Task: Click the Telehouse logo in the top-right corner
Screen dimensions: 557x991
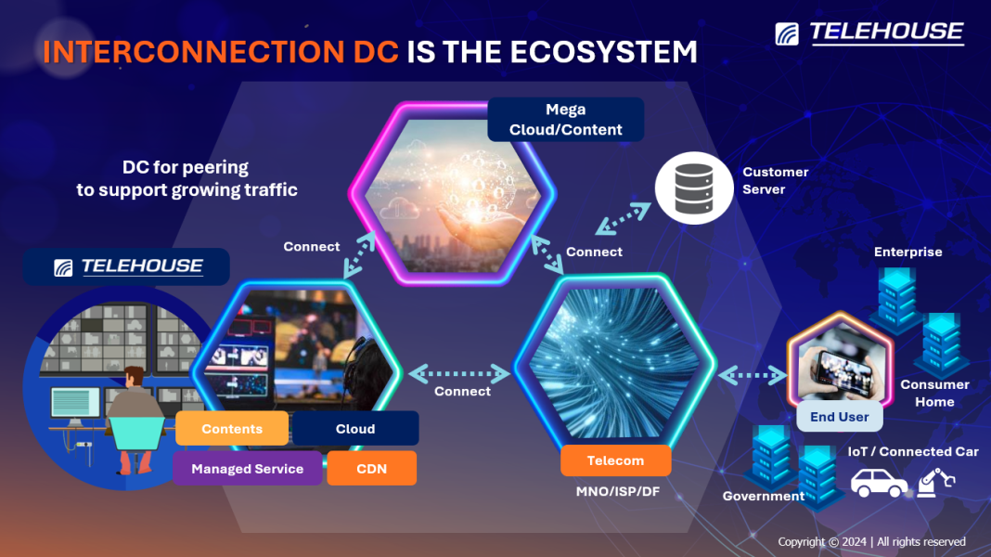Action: coord(869,32)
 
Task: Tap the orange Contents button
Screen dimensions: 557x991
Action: coord(232,429)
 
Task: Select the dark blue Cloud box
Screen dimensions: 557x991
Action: coord(355,429)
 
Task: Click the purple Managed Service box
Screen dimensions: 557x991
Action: coord(247,469)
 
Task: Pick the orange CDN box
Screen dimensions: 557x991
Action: coord(372,469)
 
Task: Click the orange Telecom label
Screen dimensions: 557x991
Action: coord(615,460)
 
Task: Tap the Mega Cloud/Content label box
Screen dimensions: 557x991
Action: coord(566,120)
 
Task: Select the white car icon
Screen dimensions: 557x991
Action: coord(880,484)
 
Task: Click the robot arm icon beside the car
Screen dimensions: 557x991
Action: coord(934,484)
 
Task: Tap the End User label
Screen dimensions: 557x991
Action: coord(839,417)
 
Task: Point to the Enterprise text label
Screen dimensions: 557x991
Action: coord(907,252)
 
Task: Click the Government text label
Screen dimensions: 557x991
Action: coord(764,496)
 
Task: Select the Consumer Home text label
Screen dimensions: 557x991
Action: coord(934,393)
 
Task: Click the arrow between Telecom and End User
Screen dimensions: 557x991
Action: coord(753,375)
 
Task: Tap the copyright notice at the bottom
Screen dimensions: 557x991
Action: coord(871,541)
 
